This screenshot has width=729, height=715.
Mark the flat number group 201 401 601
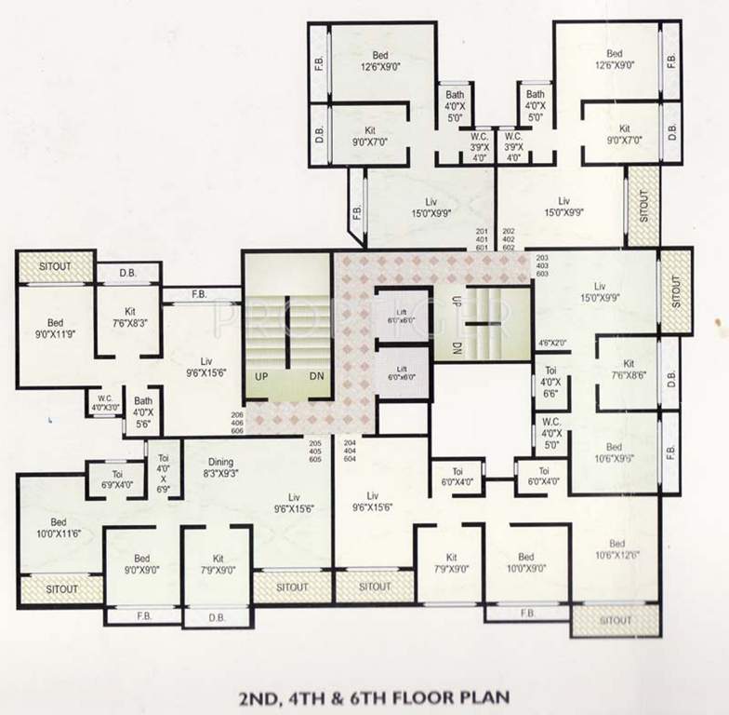482,239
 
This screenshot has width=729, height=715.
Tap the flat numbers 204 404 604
351,452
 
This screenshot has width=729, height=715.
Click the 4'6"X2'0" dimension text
551,344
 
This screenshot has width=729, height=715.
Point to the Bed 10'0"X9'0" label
526,563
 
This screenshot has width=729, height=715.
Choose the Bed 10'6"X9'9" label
615,452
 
